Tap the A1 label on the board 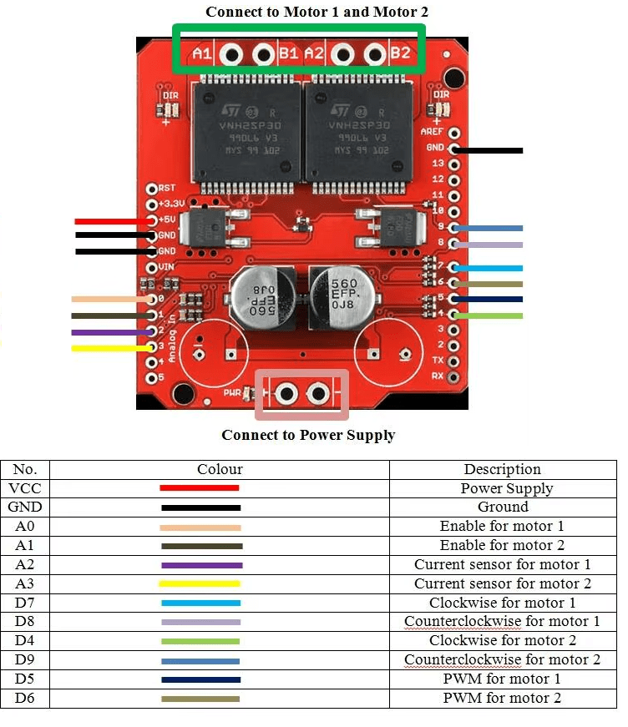coord(202,54)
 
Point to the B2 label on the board coord(400,54)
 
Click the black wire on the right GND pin coord(488,151)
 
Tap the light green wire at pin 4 coord(488,316)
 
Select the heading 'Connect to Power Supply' coord(308,435)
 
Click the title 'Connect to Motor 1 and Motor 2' coord(317,12)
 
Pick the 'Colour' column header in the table coord(220,469)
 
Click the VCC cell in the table coord(25,488)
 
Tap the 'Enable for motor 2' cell coord(502,545)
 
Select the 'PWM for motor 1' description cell coord(502,679)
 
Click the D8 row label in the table coord(25,621)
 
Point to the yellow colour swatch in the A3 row coord(200,583)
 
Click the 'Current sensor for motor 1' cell coord(502,564)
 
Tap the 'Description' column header coord(502,469)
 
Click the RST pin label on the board coord(167,189)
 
